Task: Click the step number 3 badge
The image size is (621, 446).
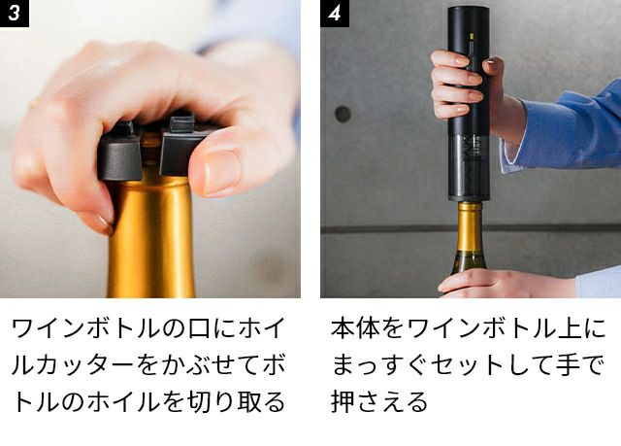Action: coord(15,13)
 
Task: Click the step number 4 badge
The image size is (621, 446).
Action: coord(335,13)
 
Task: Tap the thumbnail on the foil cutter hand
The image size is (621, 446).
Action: coord(221,171)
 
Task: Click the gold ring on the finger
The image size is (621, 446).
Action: coord(34,104)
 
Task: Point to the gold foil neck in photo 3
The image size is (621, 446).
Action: coord(151,237)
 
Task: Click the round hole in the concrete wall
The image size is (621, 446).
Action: coord(343,115)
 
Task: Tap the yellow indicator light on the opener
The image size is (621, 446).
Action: coord(472,37)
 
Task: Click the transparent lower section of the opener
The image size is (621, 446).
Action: coord(469,166)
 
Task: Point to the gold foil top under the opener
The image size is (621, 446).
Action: coord(470,226)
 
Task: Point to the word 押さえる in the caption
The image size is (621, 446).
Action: coord(379,401)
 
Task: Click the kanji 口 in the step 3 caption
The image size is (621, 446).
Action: coord(199,328)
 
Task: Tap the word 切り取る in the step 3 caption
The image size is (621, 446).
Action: coord(236,401)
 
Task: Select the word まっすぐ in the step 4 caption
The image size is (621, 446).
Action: coord(379,365)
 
